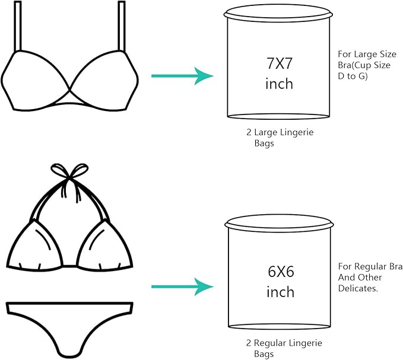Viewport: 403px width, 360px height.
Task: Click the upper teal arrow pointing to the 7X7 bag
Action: tap(182, 76)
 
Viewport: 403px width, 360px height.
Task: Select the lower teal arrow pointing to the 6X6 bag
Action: tap(182, 286)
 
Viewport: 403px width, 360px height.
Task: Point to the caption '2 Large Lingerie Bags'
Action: tap(279, 138)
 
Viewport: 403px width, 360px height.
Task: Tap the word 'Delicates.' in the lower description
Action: tap(358, 288)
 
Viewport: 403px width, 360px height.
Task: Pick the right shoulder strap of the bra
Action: tap(122, 27)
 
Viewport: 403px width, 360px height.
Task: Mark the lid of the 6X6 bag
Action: tap(278, 224)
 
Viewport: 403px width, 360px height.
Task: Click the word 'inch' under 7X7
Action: tap(278, 84)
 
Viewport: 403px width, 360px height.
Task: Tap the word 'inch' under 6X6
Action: tap(280, 292)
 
